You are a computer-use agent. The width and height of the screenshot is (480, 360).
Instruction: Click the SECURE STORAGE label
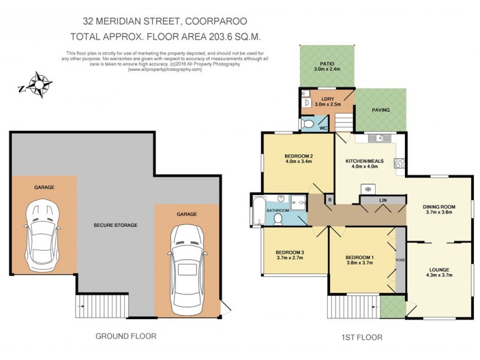coord(115,225)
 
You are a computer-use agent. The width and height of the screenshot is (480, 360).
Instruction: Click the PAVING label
coord(380,110)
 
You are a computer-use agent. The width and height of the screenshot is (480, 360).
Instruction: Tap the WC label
coord(323,128)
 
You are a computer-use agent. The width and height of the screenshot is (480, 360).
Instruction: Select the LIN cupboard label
coord(382,200)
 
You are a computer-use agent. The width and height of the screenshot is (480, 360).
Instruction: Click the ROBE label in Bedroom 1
coord(400,260)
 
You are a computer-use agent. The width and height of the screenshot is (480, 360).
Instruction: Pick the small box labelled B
coord(329,199)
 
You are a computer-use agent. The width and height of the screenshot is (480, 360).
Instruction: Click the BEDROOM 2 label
coord(299,156)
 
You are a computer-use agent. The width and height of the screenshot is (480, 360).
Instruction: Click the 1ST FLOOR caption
coord(365,338)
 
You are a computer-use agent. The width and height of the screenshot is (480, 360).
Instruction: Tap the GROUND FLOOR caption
coord(126,337)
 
